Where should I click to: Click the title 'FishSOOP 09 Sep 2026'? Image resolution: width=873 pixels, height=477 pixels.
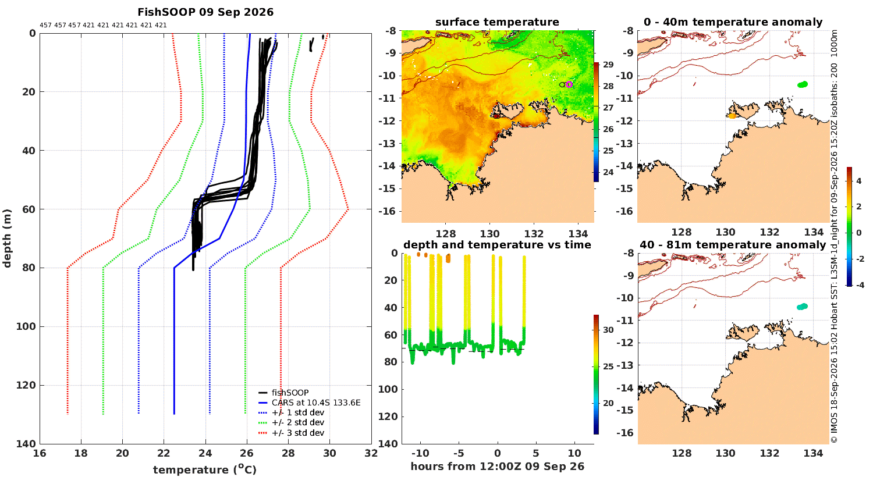205,12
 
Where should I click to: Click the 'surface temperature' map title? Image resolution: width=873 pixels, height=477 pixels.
497,22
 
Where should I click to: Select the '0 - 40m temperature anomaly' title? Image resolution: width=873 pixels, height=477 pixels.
733,22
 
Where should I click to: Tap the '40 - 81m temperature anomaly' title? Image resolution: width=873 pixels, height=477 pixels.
733,245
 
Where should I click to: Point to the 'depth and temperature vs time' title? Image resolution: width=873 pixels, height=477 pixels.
497,245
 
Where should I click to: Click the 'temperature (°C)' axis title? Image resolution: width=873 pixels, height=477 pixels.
205,469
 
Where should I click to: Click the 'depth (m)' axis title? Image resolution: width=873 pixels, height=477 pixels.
7,238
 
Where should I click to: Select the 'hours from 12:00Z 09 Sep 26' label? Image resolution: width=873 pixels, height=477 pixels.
497,467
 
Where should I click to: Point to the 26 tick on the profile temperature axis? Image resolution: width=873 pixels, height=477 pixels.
247,453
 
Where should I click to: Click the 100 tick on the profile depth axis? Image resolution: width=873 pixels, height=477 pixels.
26,326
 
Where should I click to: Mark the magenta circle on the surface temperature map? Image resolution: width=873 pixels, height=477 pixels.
569,84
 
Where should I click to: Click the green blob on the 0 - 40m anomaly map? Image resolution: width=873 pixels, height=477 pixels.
803,84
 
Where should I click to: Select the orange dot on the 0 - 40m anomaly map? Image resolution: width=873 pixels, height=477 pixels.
732,116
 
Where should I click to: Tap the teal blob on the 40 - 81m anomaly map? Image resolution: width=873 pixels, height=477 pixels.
802,307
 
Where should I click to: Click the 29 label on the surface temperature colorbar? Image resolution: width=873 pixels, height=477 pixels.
608,65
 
